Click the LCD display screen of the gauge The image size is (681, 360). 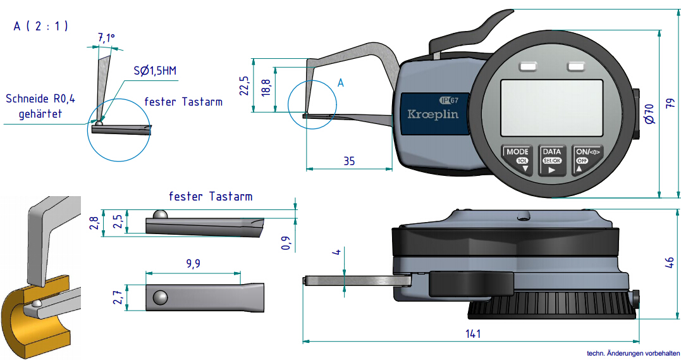pyautogui.click(x=551, y=108)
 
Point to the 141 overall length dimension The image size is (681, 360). pyautogui.click(x=473, y=333)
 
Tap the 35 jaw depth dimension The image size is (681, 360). pyautogui.click(x=348, y=161)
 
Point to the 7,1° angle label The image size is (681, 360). pyautogui.click(x=106, y=39)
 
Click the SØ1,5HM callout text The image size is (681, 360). pyautogui.click(x=155, y=70)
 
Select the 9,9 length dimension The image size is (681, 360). pyautogui.click(x=193, y=264)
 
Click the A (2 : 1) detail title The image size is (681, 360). pyautogui.click(x=40, y=26)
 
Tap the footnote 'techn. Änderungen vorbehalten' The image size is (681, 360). pyautogui.click(x=633, y=354)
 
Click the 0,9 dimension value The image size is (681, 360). pyautogui.click(x=286, y=243)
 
